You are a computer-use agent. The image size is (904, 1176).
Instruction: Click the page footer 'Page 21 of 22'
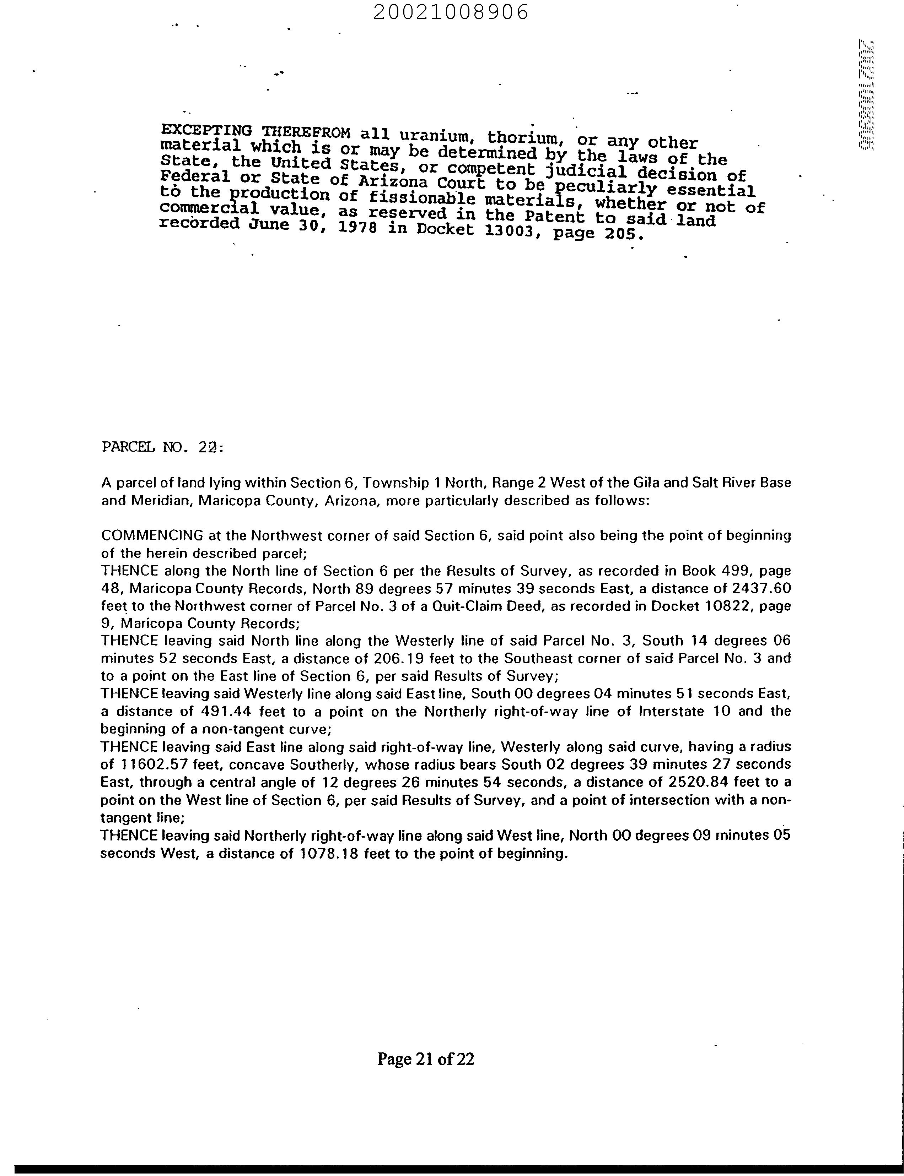point(426,1059)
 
